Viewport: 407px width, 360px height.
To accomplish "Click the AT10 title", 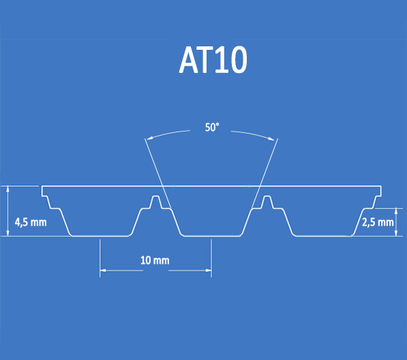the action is tap(213, 60).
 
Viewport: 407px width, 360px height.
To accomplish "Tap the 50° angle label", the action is tap(212, 127).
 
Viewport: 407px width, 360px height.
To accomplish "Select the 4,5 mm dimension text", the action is tap(31, 222).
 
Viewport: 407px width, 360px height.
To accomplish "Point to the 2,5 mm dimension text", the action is tap(378, 222).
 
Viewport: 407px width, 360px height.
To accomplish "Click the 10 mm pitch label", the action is tap(155, 260).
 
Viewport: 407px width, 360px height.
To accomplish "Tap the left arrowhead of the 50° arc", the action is tap(150, 138).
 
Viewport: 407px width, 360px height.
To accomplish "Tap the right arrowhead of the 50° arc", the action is tap(271, 138).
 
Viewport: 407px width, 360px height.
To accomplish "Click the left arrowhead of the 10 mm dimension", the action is tap(103, 271).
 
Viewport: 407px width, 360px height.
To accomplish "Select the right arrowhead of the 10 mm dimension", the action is tap(208, 271).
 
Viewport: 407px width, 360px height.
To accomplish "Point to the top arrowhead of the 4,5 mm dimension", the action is tap(8, 189).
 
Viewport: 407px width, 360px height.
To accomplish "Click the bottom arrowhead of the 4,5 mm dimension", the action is tap(8, 233).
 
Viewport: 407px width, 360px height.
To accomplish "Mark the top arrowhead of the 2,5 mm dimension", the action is tap(396, 211).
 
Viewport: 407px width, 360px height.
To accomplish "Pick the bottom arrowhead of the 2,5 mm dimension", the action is tap(396, 233).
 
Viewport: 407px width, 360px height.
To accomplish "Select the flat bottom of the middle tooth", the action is tap(212, 236).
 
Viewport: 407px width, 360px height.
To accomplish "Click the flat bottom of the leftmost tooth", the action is tap(100, 236).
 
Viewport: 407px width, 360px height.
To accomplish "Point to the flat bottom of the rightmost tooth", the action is tap(325, 236).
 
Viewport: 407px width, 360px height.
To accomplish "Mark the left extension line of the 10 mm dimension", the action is tap(100, 258).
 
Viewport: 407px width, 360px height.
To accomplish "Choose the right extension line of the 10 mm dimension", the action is tap(211, 258).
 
